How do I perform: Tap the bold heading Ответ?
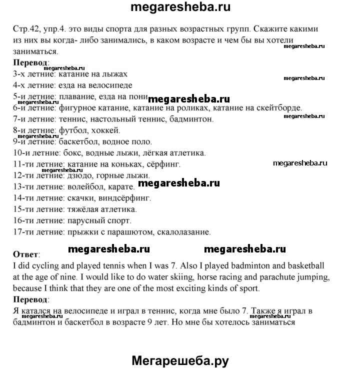(24, 254)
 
